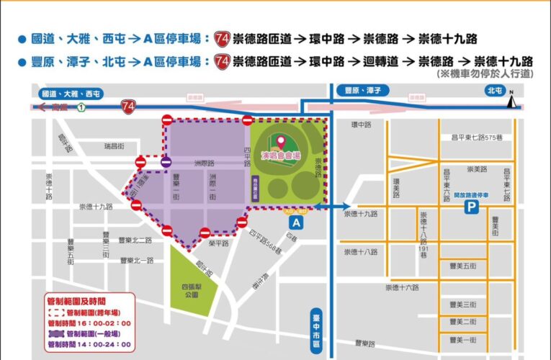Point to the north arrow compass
[x=511, y=100]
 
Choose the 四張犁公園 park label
[x=192, y=290]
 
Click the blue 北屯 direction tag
[x=494, y=91]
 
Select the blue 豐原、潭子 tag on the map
[x=364, y=91]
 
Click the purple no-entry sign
[x=166, y=163]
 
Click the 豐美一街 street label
[x=462, y=339]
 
